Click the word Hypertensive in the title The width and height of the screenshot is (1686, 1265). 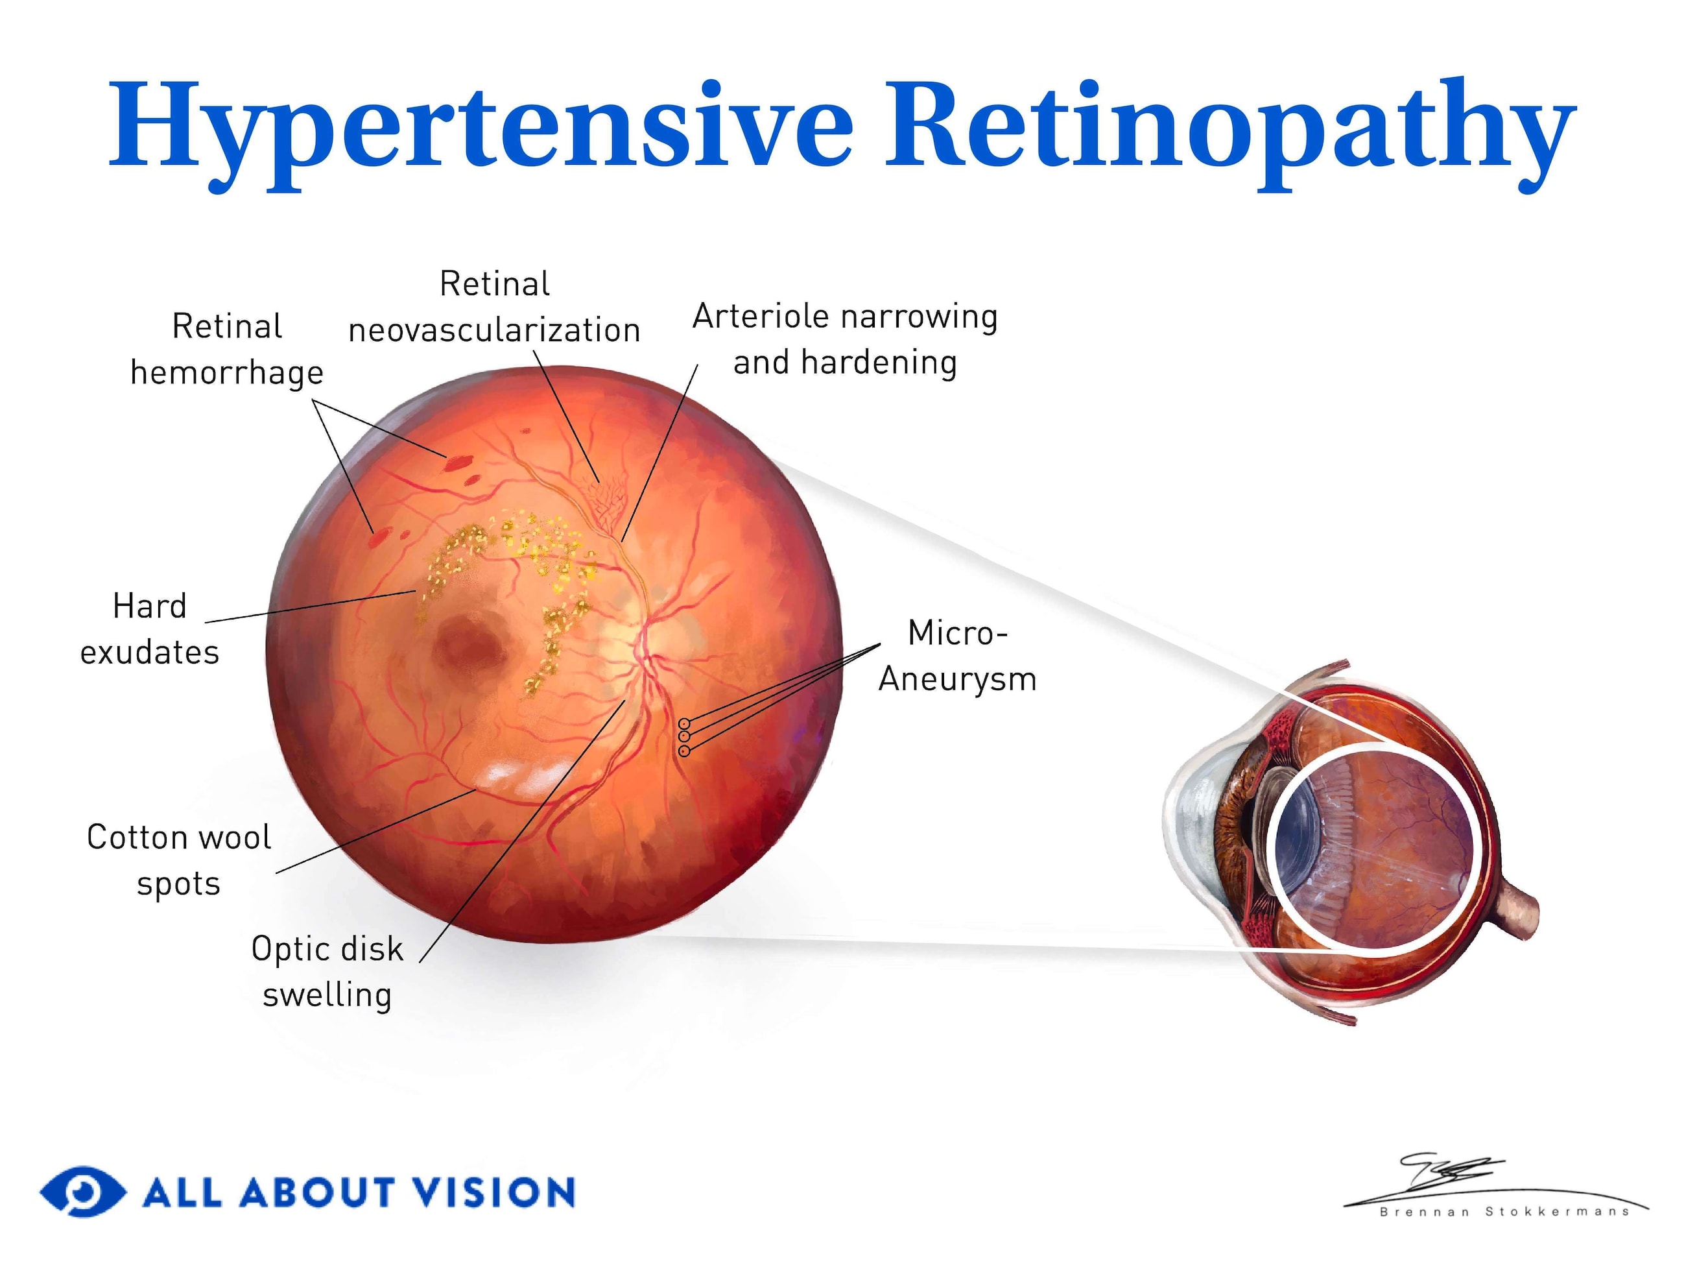tap(481, 126)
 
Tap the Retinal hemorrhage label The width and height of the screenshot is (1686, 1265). tap(226, 349)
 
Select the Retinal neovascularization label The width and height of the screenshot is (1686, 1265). tap(494, 307)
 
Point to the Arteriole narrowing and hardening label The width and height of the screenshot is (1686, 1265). tap(844, 339)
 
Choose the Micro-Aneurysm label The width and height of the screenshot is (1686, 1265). tap(957, 656)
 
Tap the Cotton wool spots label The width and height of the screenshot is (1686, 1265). tap(178, 860)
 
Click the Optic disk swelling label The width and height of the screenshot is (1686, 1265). tap(327, 971)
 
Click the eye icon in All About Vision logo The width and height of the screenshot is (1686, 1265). tap(82, 1191)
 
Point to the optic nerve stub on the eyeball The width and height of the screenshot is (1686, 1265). tap(1517, 911)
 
